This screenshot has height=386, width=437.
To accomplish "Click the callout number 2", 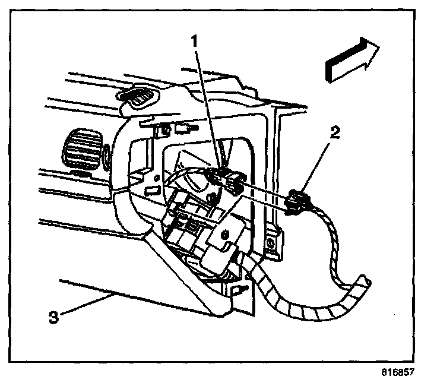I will (x=335, y=133).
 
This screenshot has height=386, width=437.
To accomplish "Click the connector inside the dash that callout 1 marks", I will (x=226, y=176).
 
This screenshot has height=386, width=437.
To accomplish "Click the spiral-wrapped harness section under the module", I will (x=279, y=291).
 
